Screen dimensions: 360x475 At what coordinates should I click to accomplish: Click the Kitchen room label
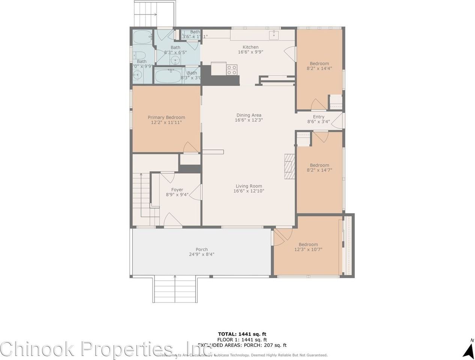point(250,47)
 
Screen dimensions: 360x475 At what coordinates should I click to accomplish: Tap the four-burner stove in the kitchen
point(232,69)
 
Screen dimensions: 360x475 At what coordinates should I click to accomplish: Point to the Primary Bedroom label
point(166,117)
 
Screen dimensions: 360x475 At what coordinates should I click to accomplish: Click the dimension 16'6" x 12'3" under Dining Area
point(249,120)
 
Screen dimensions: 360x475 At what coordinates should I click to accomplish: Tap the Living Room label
point(249,186)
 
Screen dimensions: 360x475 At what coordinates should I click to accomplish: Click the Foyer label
point(177,190)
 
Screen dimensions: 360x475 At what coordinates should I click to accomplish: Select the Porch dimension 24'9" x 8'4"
point(201,255)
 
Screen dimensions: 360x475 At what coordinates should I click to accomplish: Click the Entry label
point(319,117)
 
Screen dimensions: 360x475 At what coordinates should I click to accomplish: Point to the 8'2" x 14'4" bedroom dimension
point(319,69)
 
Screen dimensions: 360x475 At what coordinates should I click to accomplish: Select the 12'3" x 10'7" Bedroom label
point(308,244)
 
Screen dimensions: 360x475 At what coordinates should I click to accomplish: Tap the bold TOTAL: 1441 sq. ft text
point(242,334)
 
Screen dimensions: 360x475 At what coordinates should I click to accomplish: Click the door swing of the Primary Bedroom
point(191,147)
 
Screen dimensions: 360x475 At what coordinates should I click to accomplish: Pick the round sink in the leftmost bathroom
point(138,75)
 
